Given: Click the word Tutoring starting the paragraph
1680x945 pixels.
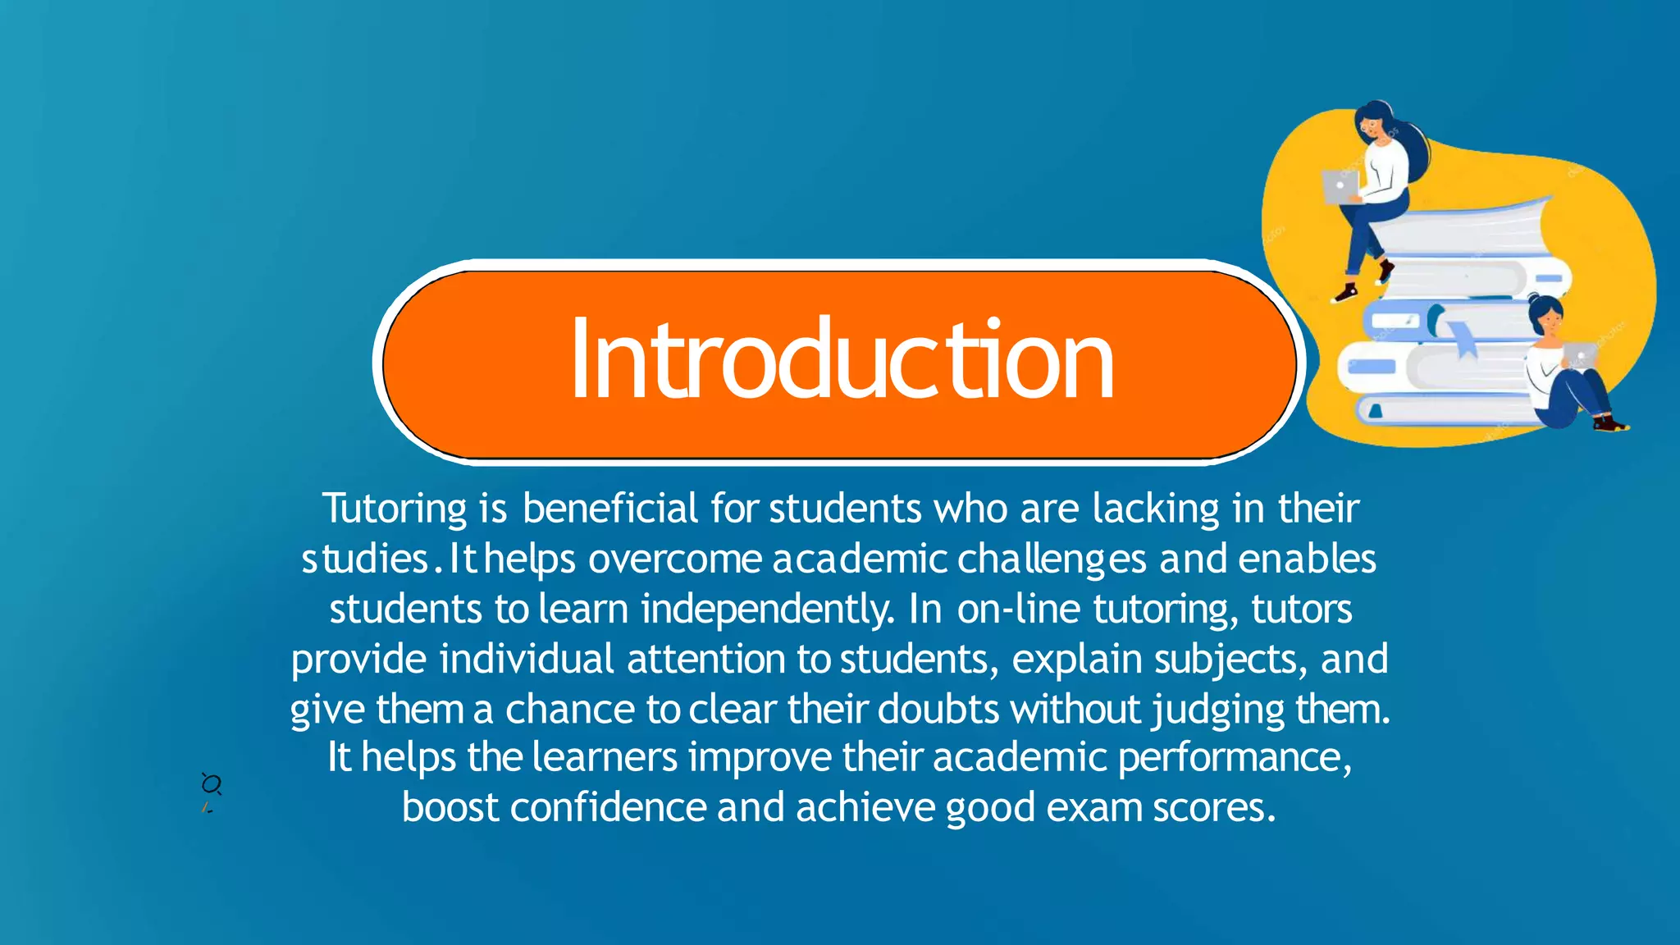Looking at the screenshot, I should click(x=395, y=509).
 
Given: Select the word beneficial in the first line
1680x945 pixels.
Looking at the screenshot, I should click(x=610, y=509).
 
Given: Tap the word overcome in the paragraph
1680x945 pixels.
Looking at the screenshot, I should click(x=675, y=559).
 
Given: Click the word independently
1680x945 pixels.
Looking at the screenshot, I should click(x=767, y=609).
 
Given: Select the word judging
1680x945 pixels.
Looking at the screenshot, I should click(x=1218, y=710).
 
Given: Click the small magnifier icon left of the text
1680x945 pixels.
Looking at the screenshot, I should click(x=211, y=784).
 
